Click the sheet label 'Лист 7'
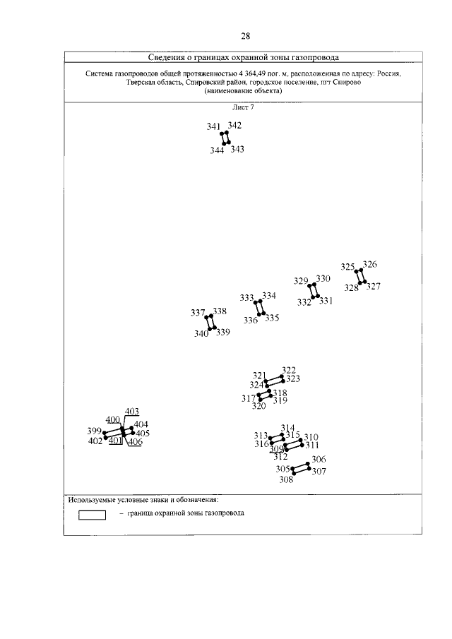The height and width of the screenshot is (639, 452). pos(243,107)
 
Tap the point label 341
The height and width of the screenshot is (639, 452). pos(214,126)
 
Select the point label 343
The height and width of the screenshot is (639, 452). pos(237,150)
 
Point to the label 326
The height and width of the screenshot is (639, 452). pos(369,265)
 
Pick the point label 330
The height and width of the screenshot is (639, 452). pos(323,279)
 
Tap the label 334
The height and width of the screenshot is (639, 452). pos(269,295)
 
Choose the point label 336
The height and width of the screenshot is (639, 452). pos(251,320)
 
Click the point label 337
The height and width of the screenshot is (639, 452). pos(198,312)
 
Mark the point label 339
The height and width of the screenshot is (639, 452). pos(223,333)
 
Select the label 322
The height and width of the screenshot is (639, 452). pos(289,370)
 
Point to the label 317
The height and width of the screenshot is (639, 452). pos(249,399)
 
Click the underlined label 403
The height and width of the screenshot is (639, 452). pos(132,412)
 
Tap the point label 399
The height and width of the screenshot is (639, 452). pos(95,431)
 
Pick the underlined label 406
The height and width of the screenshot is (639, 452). pos(135,442)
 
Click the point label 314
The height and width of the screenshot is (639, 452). pos(287,428)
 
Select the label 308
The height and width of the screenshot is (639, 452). pos(286,480)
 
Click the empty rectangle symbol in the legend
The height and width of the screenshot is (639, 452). pos(92,514)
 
